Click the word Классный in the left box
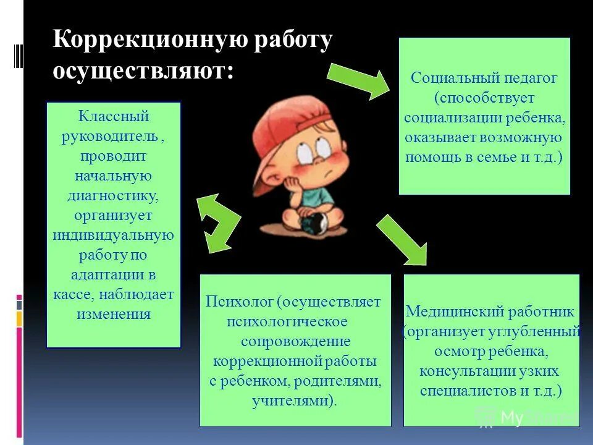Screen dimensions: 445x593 point(114,116)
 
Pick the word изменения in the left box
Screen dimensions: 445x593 point(114,314)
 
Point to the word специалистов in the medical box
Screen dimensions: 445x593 point(467,391)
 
